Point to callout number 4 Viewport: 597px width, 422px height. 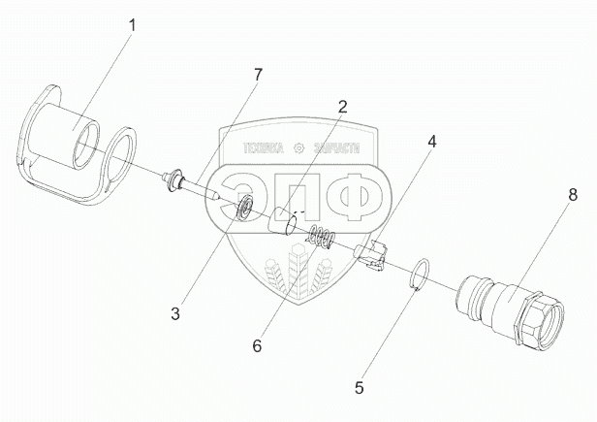pos(431,143)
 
